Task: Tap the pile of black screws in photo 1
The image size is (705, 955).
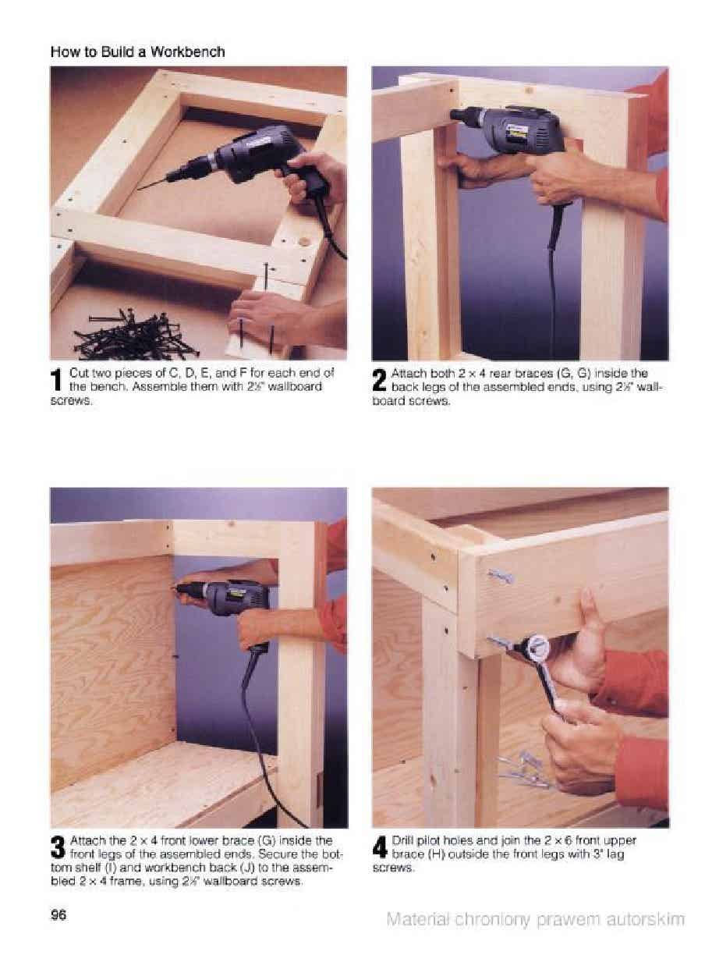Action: click(135, 332)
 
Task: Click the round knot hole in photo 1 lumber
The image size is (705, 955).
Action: click(304, 240)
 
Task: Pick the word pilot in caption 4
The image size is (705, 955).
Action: click(427, 840)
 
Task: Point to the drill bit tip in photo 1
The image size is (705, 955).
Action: click(139, 189)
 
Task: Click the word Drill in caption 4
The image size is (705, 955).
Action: click(402, 840)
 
